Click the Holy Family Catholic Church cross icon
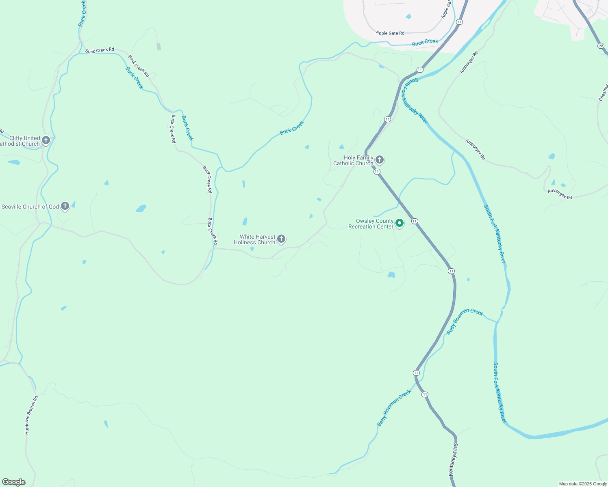coord(380,159)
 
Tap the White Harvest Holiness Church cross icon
coord(281,239)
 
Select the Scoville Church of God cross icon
coord(65,206)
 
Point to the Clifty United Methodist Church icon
coord(46,140)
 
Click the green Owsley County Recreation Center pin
coord(400,223)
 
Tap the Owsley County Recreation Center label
coord(371,224)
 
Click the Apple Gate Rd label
coord(390,33)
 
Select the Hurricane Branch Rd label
coord(31,415)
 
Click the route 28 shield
coord(601,46)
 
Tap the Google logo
coord(14,482)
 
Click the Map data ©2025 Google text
coord(583,484)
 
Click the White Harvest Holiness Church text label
coord(255,239)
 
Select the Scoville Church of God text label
coord(30,207)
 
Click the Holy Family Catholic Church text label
coord(354,160)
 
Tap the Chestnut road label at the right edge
coord(603,91)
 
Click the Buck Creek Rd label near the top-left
coord(100,50)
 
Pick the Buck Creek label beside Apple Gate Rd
coord(425,42)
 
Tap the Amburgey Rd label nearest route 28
coord(468,62)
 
